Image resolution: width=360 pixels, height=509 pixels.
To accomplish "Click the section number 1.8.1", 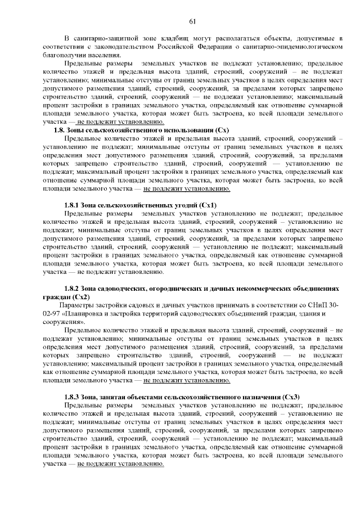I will click(x=73, y=205).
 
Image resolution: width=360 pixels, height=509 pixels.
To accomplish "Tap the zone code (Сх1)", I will click(x=208, y=205).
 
